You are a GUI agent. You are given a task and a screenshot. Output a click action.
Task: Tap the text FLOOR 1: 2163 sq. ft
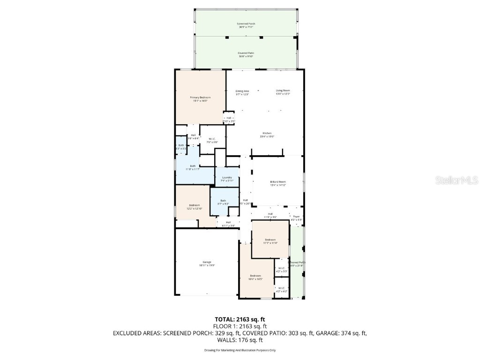coord(240,326)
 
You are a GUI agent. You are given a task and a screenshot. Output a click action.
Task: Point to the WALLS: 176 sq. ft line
coord(240,340)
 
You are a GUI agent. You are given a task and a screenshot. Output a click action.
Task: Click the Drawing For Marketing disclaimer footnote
coord(240,350)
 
